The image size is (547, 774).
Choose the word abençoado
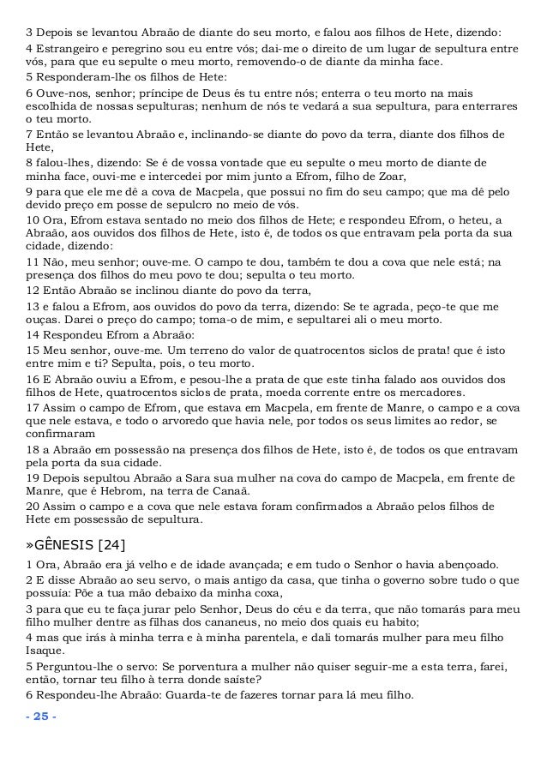[x=462, y=564]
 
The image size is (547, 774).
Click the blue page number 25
[x=41, y=716]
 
